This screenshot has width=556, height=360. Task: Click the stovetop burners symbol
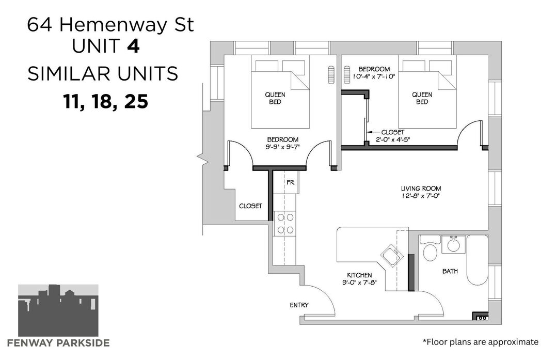285,224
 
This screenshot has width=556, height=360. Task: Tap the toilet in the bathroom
430,248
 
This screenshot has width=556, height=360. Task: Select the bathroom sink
453,244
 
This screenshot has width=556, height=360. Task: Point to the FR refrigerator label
291,182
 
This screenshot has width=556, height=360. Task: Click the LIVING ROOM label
421,189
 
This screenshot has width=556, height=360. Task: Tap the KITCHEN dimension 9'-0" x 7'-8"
359,283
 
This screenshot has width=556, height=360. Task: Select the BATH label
450,271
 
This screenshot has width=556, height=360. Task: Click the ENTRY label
299,305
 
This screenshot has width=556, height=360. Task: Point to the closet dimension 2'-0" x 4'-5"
393,139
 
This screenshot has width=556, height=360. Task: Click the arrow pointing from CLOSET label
372,132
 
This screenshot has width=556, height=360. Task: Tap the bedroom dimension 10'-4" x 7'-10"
374,76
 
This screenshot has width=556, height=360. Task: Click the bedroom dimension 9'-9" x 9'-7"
282,147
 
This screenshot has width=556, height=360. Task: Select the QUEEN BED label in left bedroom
275,98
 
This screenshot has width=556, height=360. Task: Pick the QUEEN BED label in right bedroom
422,98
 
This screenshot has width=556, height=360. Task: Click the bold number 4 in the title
133,46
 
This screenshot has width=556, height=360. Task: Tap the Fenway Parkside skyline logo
58,310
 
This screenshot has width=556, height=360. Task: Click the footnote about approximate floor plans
481,342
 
